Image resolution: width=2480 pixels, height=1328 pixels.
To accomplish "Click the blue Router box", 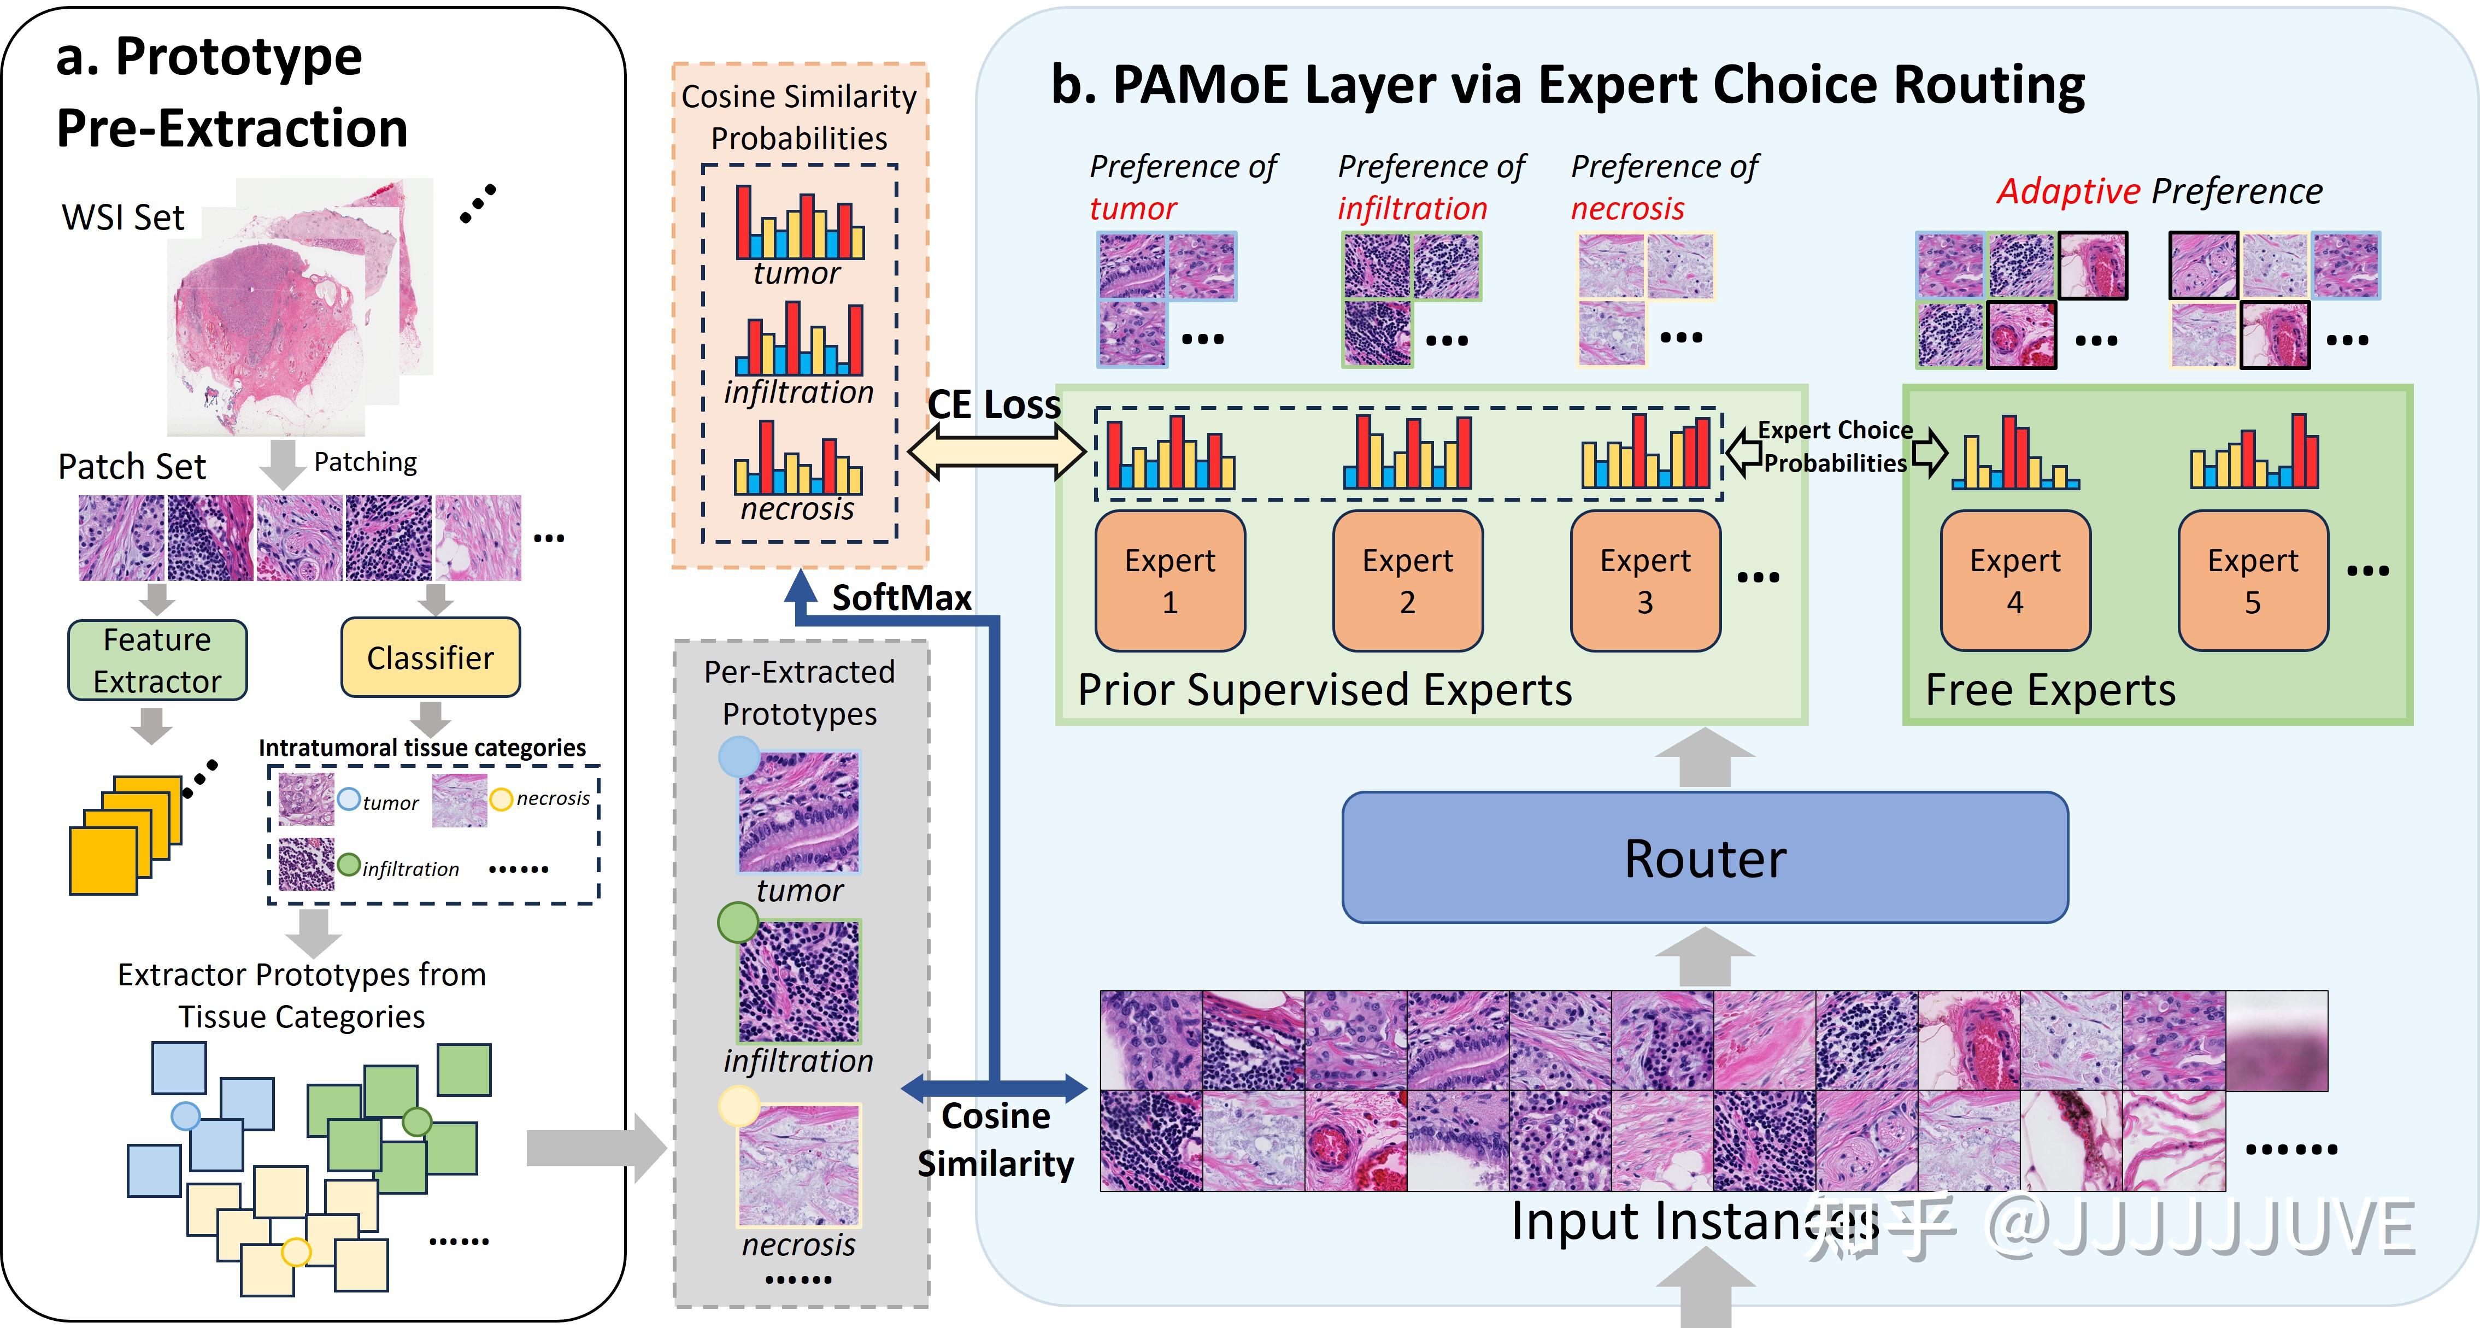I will (1704, 857).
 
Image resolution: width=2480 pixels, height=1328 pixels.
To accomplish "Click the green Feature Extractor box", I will (157, 660).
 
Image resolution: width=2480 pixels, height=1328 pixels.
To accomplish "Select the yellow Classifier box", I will (430, 658).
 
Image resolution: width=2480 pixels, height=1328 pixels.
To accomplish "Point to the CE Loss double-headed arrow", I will (996, 451).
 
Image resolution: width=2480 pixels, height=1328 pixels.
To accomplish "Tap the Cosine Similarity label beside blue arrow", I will (996, 1139).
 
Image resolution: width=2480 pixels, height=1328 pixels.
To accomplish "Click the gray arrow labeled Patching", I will (282, 464).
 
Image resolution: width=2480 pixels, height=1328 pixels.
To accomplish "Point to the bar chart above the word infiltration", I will (799, 339).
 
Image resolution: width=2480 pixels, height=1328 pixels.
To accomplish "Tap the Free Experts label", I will (2050, 690).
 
